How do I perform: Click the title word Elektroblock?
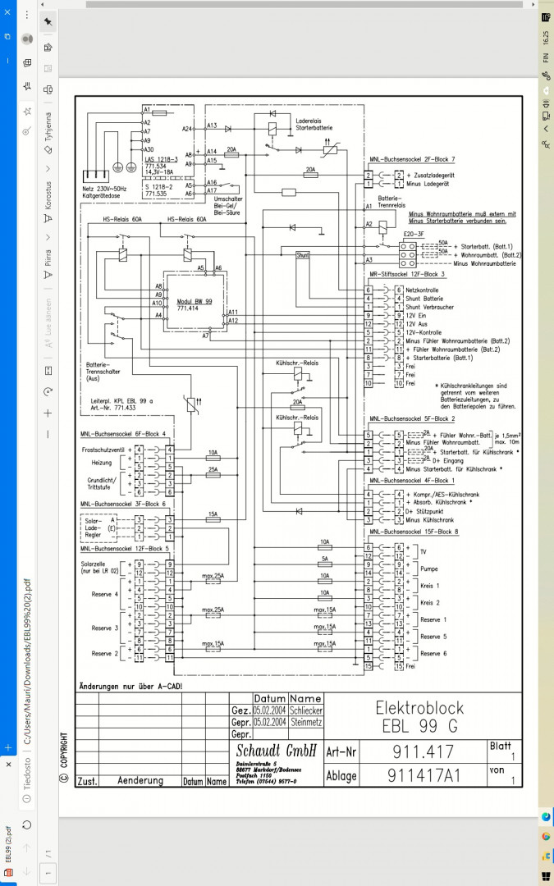(419, 707)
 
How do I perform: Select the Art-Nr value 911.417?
(423, 751)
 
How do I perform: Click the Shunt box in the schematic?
(303, 255)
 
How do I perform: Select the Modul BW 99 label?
(194, 302)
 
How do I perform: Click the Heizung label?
(101, 463)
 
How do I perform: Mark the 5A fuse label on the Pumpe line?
(325, 559)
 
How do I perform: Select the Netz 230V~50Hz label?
(106, 188)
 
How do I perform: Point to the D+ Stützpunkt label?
(426, 512)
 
